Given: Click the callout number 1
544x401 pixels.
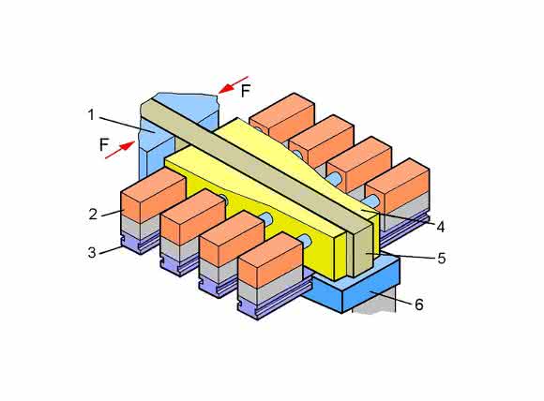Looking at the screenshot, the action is pos(91,114).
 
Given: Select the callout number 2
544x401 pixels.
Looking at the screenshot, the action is pos(93,214).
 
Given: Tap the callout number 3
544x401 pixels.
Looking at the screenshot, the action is pos(92,252).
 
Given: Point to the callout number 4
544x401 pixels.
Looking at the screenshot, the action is pos(440,228).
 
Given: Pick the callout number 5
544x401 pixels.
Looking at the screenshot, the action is pos(442,259).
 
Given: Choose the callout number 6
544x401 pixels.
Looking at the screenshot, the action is pos(419,304).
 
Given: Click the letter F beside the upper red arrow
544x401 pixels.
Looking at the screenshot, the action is pos(246,91).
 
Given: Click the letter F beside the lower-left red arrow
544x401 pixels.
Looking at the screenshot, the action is pos(104,144).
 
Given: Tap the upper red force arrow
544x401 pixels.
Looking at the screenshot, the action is pos(234,85).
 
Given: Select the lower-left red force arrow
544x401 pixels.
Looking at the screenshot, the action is pos(120,150).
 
